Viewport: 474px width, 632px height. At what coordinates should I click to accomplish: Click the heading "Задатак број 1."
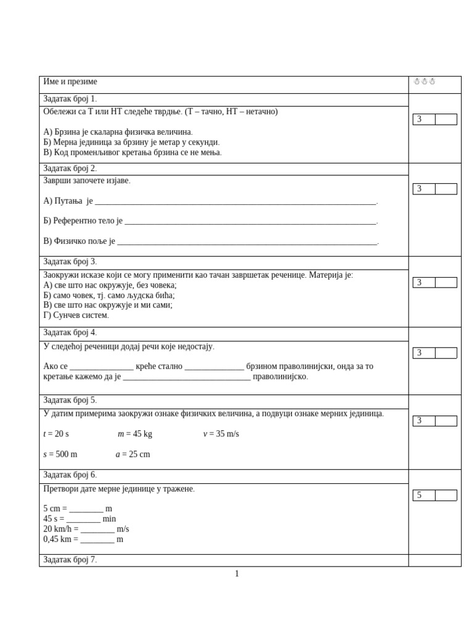point(70,99)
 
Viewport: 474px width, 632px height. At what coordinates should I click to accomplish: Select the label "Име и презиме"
point(70,81)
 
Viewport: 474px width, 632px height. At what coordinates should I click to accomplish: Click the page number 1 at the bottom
point(237,574)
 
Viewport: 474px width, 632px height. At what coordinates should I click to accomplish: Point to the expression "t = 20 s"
point(56,434)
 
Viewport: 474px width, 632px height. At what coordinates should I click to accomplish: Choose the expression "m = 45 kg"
point(135,434)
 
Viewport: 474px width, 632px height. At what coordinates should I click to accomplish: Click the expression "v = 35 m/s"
point(221,434)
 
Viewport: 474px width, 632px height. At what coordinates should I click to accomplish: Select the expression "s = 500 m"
point(60,454)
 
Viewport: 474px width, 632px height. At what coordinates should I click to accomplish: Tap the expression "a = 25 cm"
point(133,454)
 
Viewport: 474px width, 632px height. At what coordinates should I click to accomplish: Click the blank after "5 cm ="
point(86,509)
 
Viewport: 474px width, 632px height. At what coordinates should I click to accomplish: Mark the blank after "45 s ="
point(83,519)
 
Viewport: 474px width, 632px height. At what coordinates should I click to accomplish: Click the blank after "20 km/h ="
point(98,529)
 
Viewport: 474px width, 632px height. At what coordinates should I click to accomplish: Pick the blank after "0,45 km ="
point(98,539)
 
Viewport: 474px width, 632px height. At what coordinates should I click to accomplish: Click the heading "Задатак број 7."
point(70,560)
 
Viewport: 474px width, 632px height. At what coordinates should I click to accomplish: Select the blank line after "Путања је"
point(235,201)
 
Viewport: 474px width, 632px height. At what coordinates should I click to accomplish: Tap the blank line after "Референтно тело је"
point(250,221)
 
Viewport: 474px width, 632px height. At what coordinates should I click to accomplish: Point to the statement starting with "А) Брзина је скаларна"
point(118,131)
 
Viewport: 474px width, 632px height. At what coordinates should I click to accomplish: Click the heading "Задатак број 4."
point(70,333)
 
